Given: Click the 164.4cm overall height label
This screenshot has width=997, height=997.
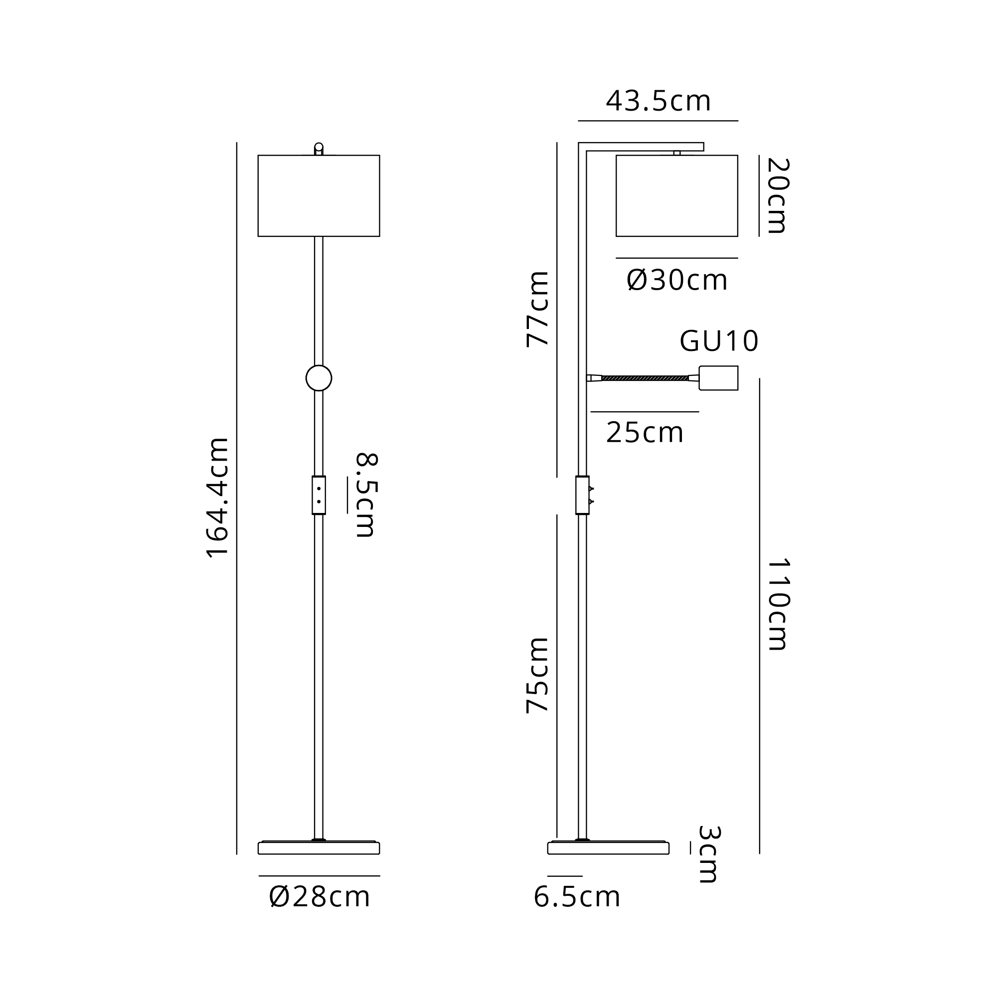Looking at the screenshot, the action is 217,498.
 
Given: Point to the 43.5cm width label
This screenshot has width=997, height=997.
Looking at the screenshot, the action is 658,101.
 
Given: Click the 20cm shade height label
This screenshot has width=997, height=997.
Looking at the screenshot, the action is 778,195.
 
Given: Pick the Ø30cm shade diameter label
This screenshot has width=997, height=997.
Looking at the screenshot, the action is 677,280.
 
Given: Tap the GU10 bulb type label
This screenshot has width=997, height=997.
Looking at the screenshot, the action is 719,341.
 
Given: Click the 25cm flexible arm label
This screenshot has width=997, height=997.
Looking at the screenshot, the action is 645,432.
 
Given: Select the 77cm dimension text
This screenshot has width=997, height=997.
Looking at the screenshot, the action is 537,309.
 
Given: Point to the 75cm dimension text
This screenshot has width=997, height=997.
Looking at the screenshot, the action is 537,675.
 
